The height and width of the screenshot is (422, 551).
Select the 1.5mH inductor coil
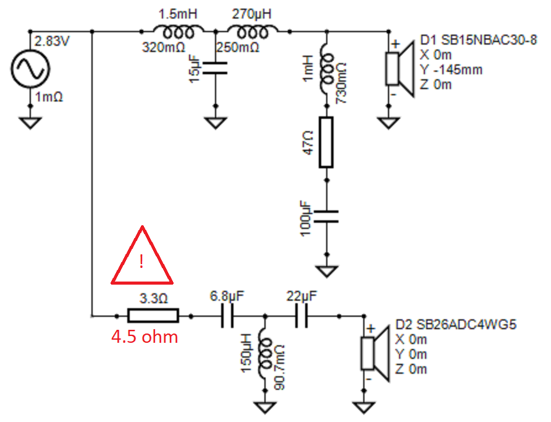click(x=178, y=32)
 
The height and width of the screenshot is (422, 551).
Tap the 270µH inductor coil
click(x=252, y=32)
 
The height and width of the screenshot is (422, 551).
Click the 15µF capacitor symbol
click(x=216, y=68)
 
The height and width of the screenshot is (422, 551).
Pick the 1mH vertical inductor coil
click(x=327, y=69)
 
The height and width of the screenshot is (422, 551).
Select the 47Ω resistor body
click(x=326, y=142)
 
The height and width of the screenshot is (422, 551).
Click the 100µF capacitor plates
click(x=326, y=217)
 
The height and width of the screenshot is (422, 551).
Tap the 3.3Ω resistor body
click(x=153, y=316)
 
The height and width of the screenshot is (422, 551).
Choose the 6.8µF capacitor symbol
click(x=227, y=316)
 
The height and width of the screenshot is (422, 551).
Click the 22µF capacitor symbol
click(x=301, y=316)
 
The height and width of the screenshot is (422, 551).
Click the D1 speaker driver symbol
click(x=400, y=69)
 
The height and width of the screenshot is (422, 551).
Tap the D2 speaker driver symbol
click(x=375, y=354)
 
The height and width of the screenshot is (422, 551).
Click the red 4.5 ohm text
click(x=145, y=337)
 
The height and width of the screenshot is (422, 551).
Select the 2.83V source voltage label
click(x=52, y=41)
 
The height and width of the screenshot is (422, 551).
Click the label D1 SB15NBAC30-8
click(x=478, y=40)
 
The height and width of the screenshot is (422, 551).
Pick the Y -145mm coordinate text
click(x=451, y=70)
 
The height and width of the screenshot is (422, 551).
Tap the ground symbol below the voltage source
click(x=30, y=123)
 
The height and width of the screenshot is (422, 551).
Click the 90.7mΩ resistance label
click(x=280, y=367)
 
